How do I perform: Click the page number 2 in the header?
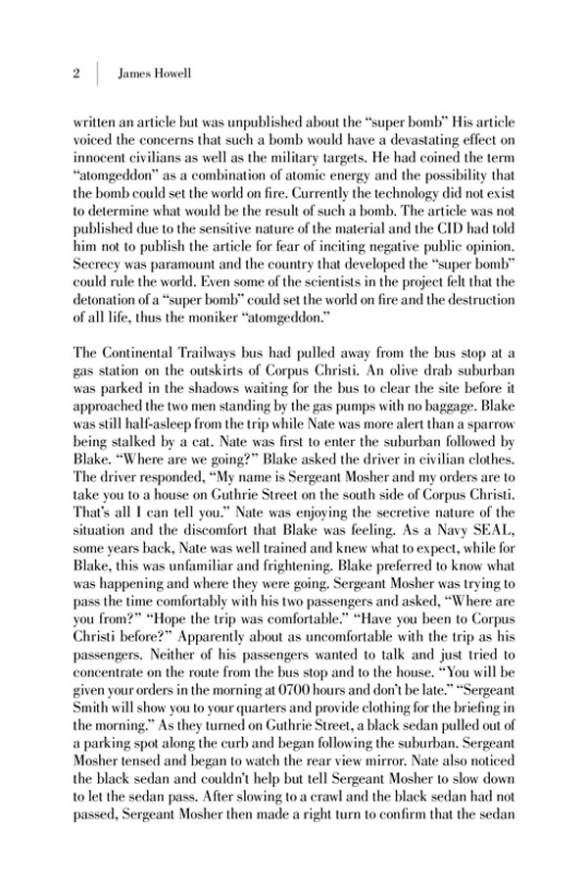click(75, 73)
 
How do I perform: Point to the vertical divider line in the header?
click(98, 73)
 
